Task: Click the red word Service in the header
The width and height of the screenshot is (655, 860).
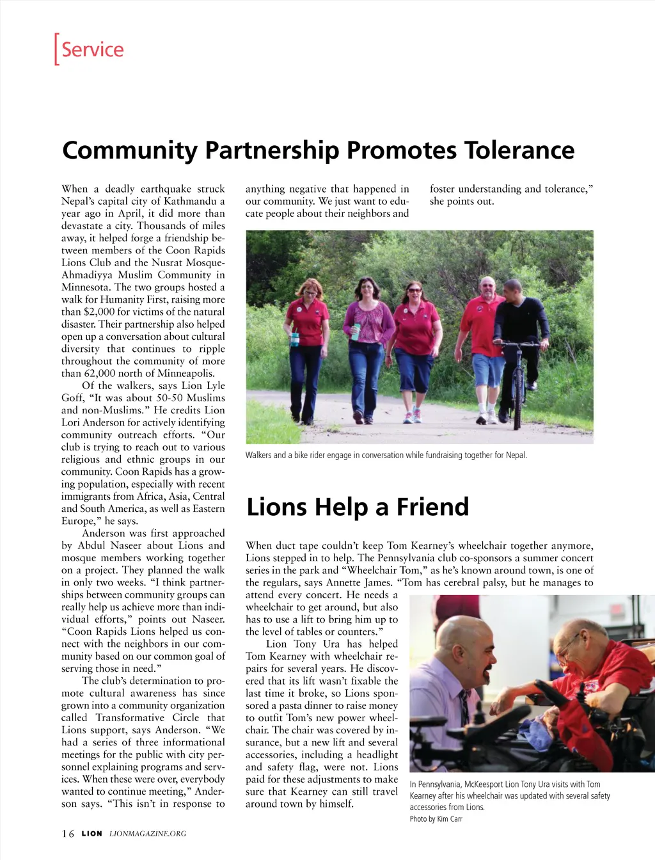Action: (x=93, y=49)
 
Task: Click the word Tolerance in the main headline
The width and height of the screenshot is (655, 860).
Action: (x=519, y=150)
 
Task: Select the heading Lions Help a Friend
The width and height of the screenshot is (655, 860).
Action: (x=358, y=507)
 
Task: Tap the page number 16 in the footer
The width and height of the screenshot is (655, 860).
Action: (x=68, y=834)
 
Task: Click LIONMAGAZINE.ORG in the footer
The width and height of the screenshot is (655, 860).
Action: (x=148, y=834)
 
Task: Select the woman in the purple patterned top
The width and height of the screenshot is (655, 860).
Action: (x=367, y=339)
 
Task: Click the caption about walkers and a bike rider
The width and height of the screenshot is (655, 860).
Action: (x=386, y=456)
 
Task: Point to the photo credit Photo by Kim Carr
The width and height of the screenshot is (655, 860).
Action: (x=436, y=819)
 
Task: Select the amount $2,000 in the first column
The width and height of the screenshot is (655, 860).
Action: (x=99, y=312)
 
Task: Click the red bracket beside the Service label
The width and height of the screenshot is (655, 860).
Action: (x=57, y=49)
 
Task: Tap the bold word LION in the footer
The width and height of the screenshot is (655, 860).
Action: (x=91, y=834)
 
